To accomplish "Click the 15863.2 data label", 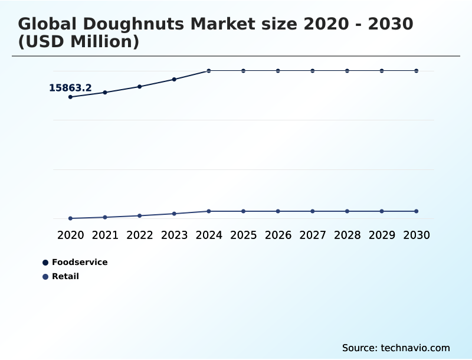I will (x=70, y=88).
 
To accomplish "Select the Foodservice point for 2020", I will (x=70, y=97).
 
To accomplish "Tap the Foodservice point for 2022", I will (x=140, y=87).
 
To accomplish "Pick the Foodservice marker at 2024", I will (x=209, y=71).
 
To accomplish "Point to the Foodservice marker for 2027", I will (x=313, y=71).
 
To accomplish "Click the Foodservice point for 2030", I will (x=417, y=71).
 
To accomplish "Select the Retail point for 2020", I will (x=70, y=218).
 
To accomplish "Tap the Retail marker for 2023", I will (x=174, y=214).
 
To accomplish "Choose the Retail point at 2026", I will (x=278, y=211).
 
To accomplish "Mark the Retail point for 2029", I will (x=382, y=211).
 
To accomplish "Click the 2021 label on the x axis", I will (x=105, y=235).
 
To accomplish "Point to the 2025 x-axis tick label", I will (x=243, y=235).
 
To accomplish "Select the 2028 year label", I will (x=347, y=235).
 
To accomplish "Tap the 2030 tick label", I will (x=417, y=235).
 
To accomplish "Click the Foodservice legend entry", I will (x=79, y=262).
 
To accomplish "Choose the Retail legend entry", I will (x=65, y=276).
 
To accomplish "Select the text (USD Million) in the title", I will (x=78, y=42).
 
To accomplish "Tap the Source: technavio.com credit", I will (x=396, y=348).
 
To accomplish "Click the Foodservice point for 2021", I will (x=105, y=93).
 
